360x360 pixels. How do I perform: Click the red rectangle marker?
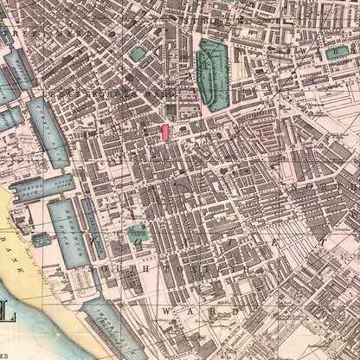point(164,132)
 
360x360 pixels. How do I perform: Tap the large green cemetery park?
point(211,75)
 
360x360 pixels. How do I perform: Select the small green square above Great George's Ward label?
point(138,54)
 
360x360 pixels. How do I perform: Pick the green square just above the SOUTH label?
point(137,233)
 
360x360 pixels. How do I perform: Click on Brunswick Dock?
point(65,229)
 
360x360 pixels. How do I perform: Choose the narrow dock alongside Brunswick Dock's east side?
point(93,227)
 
